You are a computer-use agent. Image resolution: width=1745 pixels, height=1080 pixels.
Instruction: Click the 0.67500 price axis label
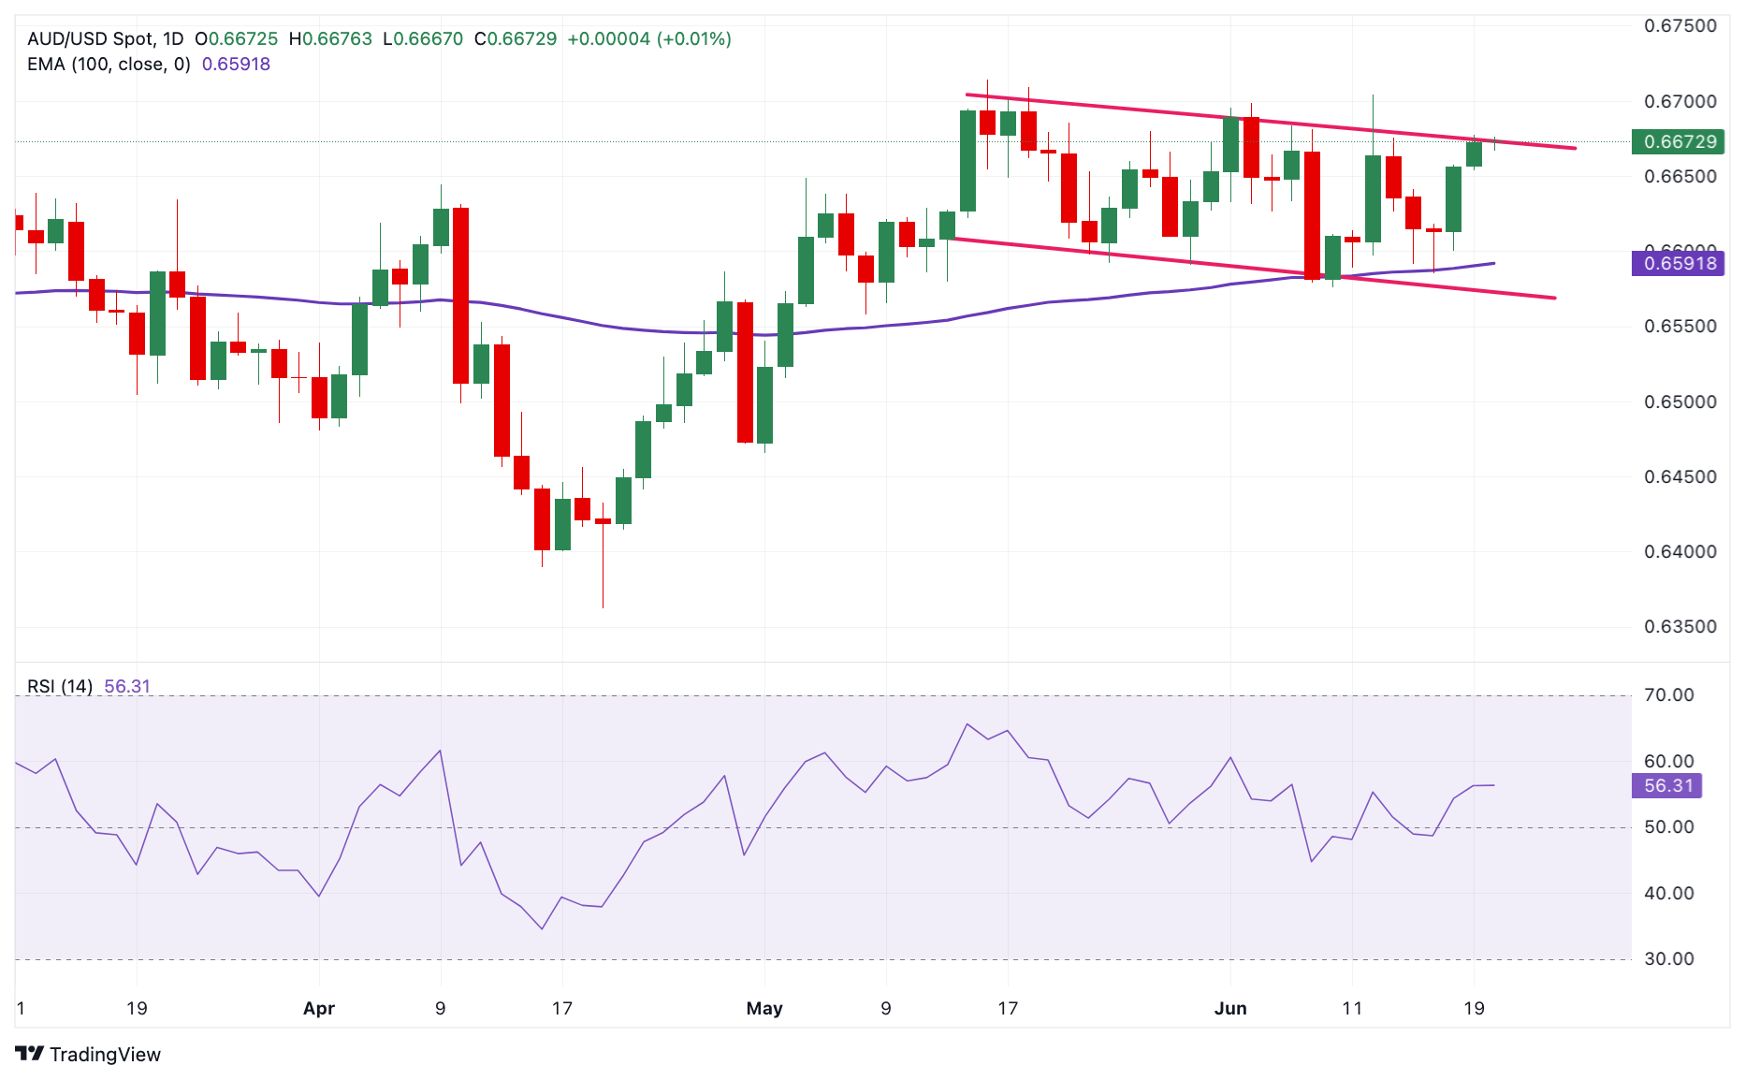pyautogui.click(x=1680, y=26)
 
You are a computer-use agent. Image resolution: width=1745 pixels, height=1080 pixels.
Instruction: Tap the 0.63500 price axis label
pyautogui.click(x=1680, y=627)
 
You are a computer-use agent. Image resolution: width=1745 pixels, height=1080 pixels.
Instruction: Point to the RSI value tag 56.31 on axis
pyautogui.click(x=1668, y=786)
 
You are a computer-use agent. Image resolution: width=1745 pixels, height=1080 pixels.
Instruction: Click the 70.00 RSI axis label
pyautogui.click(x=1668, y=695)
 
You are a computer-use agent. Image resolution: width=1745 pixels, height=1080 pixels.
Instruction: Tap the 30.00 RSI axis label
pyautogui.click(x=1668, y=959)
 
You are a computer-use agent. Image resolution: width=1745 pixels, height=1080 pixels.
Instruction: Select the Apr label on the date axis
pyautogui.click(x=319, y=1009)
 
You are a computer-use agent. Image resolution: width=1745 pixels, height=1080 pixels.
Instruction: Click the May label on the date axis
pyautogui.click(x=764, y=1009)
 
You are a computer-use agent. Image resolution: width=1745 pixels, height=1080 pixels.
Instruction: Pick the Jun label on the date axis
pyautogui.click(x=1230, y=1009)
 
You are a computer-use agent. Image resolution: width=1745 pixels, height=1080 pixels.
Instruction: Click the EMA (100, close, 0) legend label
pyautogui.click(x=109, y=65)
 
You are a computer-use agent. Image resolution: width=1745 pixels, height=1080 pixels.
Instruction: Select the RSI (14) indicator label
pyautogui.click(x=60, y=687)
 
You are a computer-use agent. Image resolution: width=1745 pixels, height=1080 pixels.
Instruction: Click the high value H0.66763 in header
pyautogui.click(x=330, y=39)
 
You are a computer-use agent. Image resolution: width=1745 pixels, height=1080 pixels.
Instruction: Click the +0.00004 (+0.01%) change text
pyautogui.click(x=649, y=39)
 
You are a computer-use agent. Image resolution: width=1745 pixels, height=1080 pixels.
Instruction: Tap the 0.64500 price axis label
pyautogui.click(x=1680, y=477)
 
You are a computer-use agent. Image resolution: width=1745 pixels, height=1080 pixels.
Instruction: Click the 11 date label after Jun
pyautogui.click(x=1352, y=1009)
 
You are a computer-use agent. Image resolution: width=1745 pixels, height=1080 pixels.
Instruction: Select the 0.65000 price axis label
pyautogui.click(x=1680, y=402)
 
